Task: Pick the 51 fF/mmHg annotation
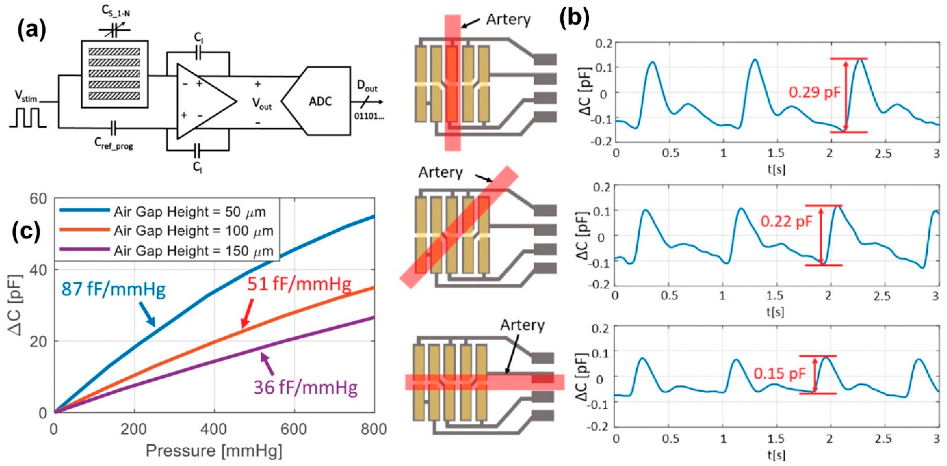(x=299, y=284)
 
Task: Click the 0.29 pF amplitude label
(x=815, y=92)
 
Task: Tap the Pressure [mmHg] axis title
(x=214, y=451)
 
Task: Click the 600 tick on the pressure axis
(x=294, y=430)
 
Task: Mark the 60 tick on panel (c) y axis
(x=38, y=199)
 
